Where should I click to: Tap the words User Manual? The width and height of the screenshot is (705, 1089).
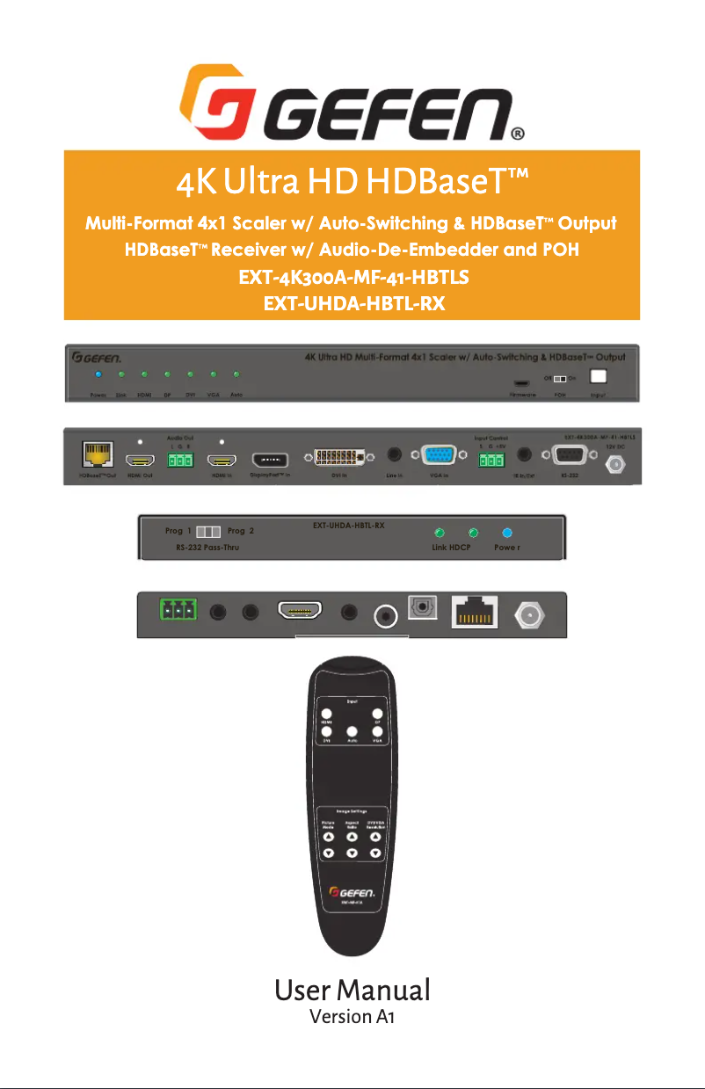352,990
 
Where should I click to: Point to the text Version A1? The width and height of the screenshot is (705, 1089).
352,1017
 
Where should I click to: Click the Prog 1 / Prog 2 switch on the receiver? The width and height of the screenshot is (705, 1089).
209,533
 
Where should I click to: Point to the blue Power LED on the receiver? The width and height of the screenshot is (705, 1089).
506,533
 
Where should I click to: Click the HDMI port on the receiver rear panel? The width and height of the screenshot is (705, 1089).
300,610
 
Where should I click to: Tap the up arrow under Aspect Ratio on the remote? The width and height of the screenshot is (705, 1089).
352,837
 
